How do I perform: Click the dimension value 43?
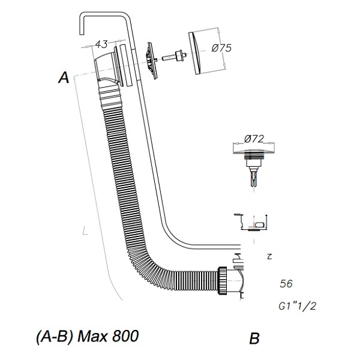pos(101,44)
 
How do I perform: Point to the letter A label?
pos(64,77)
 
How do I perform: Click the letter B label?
pos(254,339)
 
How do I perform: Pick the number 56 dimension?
pos(287,284)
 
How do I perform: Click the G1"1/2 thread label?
pos(298,305)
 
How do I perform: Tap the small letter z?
pos(269,256)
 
